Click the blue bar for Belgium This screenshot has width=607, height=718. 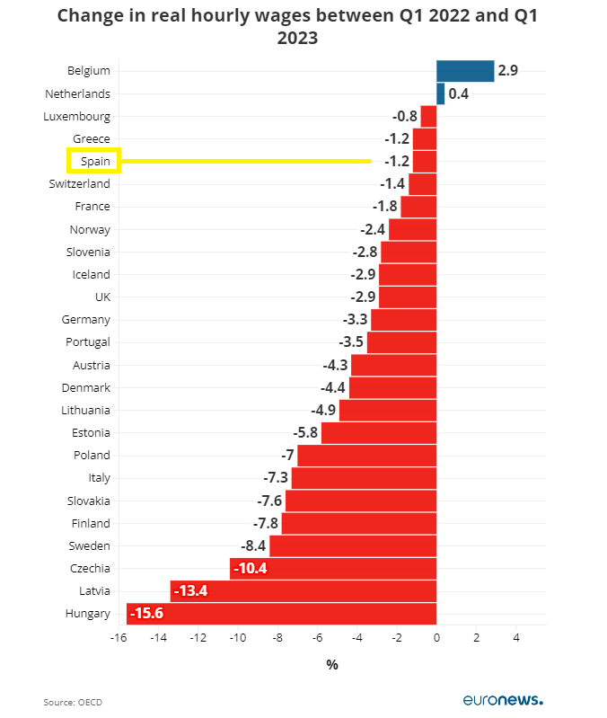[x=465, y=71]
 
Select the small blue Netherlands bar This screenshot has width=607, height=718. [x=440, y=93]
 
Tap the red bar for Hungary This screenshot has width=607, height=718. [x=281, y=614]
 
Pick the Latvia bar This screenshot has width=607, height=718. [x=303, y=590]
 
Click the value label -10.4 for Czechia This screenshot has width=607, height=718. [x=251, y=569]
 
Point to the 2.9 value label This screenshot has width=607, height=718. [x=508, y=71]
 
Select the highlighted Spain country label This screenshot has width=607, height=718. [x=94, y=162]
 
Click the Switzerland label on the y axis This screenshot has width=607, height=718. [x=80, y=184]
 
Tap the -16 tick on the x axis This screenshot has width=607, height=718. [x=119, y=638]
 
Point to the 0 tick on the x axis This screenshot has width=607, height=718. [x=436, y=638]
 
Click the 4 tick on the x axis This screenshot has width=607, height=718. [x=516, y=638]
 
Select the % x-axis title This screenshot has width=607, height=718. [x=332, y=665]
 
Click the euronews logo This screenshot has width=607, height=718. [x=503, y=699]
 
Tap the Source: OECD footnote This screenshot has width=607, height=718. [x=73, y=701]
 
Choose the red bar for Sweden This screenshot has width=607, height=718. [x=352, y=545]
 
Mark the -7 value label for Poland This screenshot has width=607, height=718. [x=287, y=456]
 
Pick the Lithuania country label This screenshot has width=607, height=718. [x=85, y=410]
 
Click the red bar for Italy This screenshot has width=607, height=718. [x=364, y=478]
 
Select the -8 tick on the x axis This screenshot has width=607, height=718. [x=277, y=638]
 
